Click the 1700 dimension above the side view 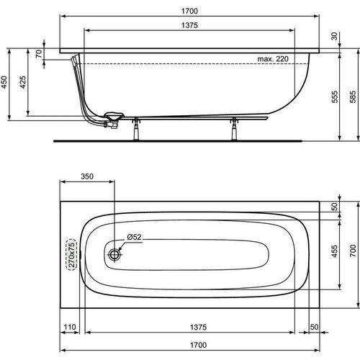(190, 11)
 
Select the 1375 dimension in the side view (189, 25)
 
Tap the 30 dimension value (333, 37)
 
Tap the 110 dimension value (70, 328)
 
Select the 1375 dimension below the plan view (190, 328)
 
